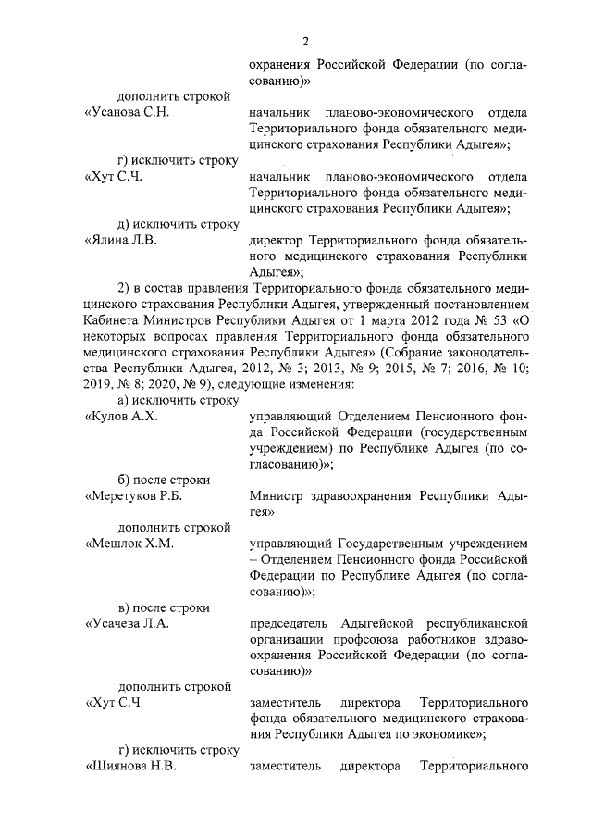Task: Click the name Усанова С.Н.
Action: [127, 112]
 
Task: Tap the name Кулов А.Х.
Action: [121, 416]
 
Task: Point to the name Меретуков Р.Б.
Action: [134, 496]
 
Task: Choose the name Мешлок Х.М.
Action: [129, 544]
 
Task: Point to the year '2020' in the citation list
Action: [162, 383]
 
